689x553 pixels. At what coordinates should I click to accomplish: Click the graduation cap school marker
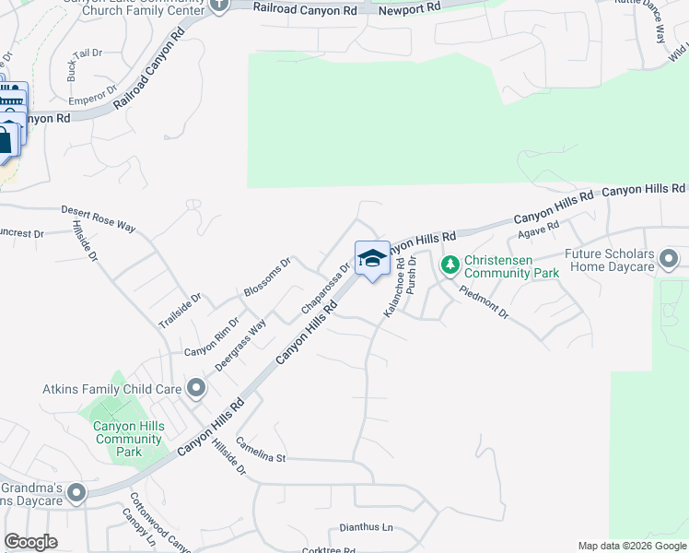coord(372,259)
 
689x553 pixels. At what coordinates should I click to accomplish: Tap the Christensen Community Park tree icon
coord(450,265)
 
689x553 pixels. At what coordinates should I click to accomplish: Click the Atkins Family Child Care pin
coord(195,389)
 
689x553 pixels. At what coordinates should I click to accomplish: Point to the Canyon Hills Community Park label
coord(129,439)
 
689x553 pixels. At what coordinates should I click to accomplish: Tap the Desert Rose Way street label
coord(99,218)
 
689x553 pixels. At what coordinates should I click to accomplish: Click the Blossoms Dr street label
coord(267,277)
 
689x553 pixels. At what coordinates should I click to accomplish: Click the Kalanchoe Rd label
coord(394,288)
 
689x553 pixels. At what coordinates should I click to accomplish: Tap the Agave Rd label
coord(540,230)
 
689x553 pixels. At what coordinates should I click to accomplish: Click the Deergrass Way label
coord(241,344)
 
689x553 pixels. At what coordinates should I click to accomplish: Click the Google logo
coord(31,542)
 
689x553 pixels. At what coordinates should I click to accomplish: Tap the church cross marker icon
coord(218,5)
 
